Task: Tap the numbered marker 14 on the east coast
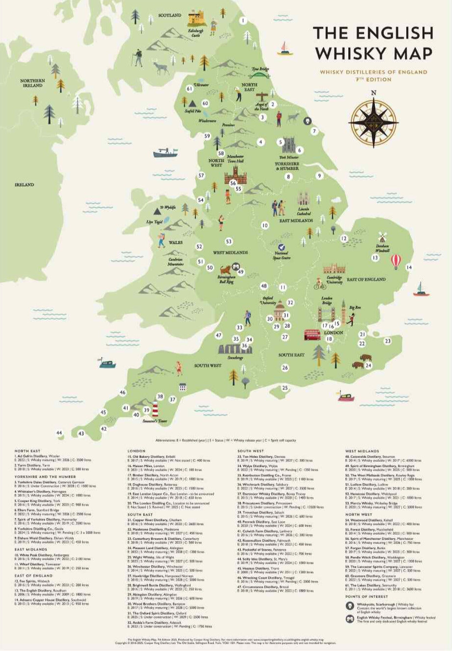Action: click(409, 267)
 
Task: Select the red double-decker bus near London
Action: click(312, 335)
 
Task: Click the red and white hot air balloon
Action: click(396, 261)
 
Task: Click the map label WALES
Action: click(175, 242)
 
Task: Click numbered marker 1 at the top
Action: click(242, 21)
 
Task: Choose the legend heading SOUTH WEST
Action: click(251, 451)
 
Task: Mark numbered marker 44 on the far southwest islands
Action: click(59, 433)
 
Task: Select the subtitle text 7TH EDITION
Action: click(374, 80)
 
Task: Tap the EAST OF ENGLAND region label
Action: click(366, 280)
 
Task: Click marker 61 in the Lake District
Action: click(189, 89)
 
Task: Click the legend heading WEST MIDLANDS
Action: click(362, 451)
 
